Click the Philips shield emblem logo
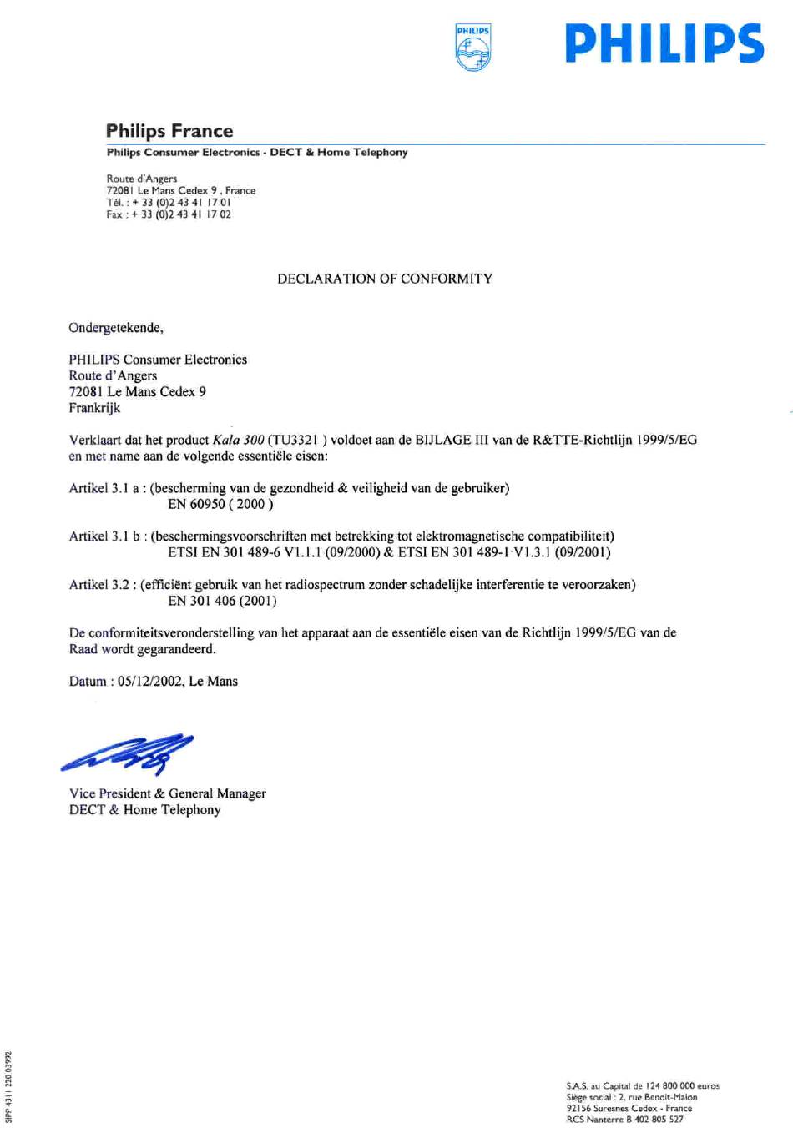[473, 48]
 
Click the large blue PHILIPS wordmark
[664, 44]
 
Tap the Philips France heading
[169, 131]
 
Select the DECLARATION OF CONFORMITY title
[385, 279]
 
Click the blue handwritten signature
[129, 753]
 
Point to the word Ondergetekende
[115, 328]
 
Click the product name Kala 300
[238, 440]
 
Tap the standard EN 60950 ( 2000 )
[220, 504]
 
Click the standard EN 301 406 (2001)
[222, 601]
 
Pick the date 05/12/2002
[150, 682]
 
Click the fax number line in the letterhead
[169, 214]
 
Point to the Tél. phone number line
[169, 202]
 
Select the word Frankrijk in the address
[94, 408]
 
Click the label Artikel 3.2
[99, 585]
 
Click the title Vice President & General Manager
[168, 793]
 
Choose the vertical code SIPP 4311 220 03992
[8, 1085]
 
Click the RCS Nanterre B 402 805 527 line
[624, 1120]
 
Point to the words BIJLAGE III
[452, 440]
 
